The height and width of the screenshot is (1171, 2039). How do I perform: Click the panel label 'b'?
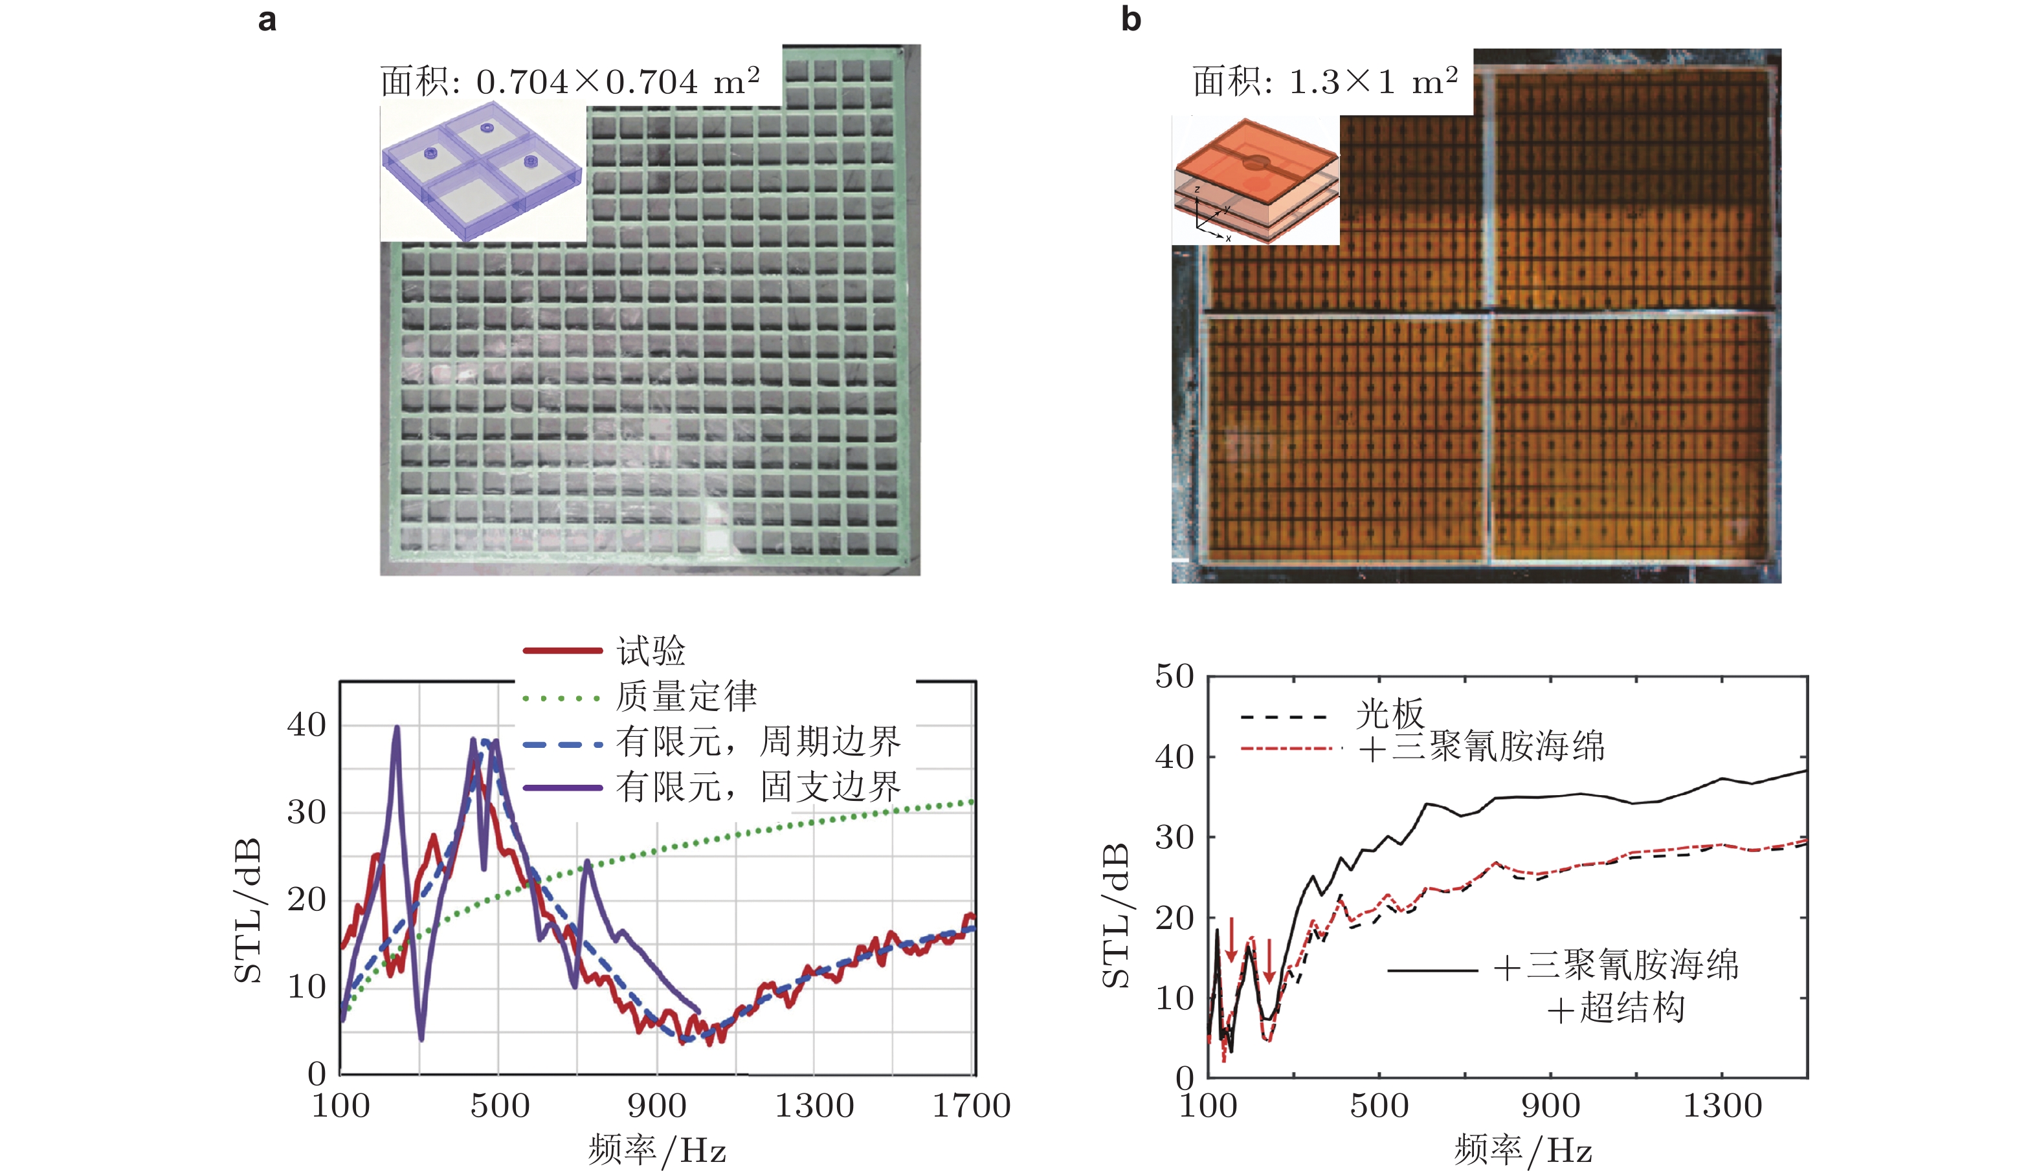pos(1131,19)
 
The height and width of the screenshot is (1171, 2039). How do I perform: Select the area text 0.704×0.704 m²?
pos(570,82)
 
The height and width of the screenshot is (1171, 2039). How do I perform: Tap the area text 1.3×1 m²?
pos(1324,82)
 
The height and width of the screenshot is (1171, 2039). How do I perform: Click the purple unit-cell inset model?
pos(482,171)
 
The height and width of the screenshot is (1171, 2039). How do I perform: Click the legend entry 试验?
pos(650,650)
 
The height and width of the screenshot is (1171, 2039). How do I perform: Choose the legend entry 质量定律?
pos(685,695)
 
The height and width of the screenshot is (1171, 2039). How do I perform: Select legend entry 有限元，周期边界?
pos(757,741)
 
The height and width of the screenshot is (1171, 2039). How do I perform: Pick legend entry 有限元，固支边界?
pos(757,786)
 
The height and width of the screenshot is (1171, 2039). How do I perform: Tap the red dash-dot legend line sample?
pos(1291,749)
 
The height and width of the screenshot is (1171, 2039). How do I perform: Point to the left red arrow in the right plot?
pos(1231,939)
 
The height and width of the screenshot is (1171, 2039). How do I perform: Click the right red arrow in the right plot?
pos(1269,961)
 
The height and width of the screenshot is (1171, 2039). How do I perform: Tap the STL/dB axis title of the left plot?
pos(248,910)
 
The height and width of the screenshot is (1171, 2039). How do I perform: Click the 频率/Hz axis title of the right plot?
pos(1522,1150)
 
